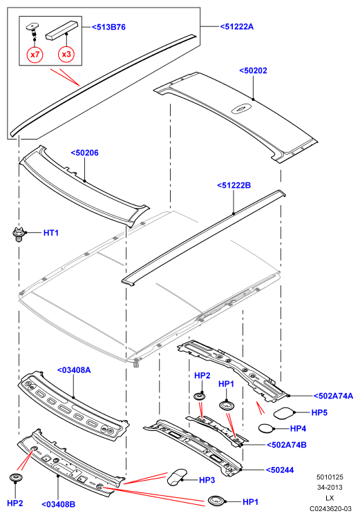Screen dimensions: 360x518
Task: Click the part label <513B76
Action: (108, 27)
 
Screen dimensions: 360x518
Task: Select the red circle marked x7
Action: (35, 54)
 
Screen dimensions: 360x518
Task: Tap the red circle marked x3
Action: (66, 54)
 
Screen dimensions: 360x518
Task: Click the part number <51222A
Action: (237, 27)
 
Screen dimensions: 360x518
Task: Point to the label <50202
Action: (253, 70)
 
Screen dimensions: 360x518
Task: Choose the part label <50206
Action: (84, 153)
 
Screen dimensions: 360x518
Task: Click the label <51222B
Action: (234, 185)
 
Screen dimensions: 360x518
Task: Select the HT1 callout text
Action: (51, 233)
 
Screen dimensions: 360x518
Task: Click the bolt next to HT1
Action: (19, 233)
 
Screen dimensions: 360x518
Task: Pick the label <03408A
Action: (74, 370)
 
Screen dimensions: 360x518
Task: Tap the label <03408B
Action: (58, 504)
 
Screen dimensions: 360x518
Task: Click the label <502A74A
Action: (333, 396)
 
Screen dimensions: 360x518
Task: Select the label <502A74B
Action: (287, 445)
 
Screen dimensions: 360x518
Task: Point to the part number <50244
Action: (280, 470)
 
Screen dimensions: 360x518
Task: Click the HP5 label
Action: (319, 412)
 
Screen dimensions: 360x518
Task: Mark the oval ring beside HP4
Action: (267, 428)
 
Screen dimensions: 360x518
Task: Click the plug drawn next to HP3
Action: (176, 477)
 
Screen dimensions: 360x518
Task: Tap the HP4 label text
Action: (298, 429)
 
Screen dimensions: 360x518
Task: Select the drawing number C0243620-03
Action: (330, 509)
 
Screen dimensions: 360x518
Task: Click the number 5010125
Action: (330, 477)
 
